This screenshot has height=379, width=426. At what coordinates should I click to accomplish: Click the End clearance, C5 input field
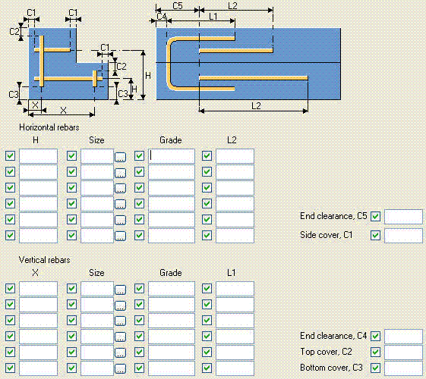tap(403, 217)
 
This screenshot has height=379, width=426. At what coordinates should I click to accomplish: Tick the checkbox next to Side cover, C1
tap(375, 236)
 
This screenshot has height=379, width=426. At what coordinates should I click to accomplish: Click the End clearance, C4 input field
tap(403, 336)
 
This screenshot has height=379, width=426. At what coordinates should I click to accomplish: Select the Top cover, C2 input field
tap(403, 352)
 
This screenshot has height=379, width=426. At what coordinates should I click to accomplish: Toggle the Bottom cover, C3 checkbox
tap(375, 368)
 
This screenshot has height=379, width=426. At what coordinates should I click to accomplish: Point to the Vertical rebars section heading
tap(44, 260)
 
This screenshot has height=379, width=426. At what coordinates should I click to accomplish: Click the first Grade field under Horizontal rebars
tap(171, 156)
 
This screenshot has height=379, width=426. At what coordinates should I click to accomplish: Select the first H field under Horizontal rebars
tap(38, 156)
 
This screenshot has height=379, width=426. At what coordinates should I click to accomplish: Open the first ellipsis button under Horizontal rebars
tap(120, 157)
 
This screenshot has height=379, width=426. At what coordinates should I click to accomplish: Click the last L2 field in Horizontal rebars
tap(235, 235)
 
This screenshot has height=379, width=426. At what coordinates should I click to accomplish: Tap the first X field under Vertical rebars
tap(38, 289)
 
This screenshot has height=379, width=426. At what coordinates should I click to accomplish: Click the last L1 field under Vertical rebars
tap(235, 368)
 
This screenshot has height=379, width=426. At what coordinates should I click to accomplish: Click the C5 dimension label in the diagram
tap(177, 6)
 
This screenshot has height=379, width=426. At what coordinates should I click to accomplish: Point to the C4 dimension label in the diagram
tap(161, 16)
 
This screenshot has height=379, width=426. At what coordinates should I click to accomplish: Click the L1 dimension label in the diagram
tap(213, 16)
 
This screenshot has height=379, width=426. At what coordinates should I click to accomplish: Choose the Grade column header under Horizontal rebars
tap(170, 139)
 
